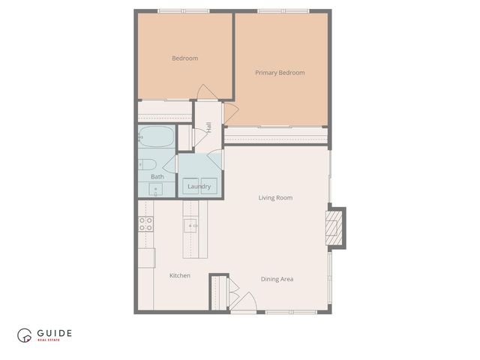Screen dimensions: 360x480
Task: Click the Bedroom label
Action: point(184,58)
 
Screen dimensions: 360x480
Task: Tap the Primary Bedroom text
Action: point(280,73)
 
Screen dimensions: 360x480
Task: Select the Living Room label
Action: point(275,198)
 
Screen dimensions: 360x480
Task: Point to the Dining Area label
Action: point(277,279)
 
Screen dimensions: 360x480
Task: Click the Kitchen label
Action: point(179,276)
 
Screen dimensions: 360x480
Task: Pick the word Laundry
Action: point(199,187)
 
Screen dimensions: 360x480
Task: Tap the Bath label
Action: point(157,177)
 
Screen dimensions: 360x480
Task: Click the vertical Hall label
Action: point(208,128)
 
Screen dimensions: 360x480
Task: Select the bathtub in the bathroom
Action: point(156,138)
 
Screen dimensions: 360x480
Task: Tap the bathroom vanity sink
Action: point(157,189)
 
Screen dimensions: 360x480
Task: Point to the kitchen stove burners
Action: point(145,223)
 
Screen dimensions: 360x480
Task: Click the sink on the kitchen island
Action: point(190,225)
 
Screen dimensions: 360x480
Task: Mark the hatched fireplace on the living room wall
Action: point(335,228)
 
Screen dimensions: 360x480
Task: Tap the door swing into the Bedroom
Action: point(204,91)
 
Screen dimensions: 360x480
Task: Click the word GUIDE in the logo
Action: point(54,333)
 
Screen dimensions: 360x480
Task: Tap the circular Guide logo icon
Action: point(25,336)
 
